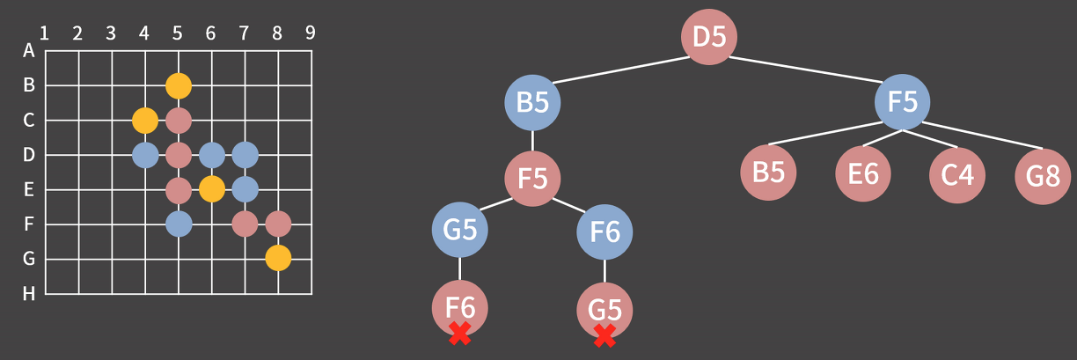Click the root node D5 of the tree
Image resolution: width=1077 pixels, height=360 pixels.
[x=709, y=38]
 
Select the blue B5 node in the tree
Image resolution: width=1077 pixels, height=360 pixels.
[x=532, y=102]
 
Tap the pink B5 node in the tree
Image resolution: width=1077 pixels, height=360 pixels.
[x=768, y=173]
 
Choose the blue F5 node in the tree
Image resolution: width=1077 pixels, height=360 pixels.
[x=903, y=102]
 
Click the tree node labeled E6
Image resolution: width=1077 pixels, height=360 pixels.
[x=863, y=174]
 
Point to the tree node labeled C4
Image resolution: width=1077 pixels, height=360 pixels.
[x=957, y=174]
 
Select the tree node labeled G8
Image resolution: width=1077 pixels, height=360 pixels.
[x=1043, y=176]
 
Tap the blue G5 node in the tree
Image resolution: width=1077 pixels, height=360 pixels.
[x=460, y=231]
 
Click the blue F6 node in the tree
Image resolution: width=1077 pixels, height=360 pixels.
[x=604, y=232]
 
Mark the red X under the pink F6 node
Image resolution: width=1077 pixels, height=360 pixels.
[x=459, y=333]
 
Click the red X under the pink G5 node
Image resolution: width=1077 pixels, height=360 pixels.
[x=604, y=334]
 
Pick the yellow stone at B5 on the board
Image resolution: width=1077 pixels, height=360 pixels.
[x=179, y=86]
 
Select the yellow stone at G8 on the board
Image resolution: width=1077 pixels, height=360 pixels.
[x=278, y=259]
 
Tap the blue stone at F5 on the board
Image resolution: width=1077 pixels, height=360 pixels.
[x=179, y=224]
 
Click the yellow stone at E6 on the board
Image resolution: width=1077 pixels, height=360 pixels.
[x=211, y=189]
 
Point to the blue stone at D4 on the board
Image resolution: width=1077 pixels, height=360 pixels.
[x=145, y=155]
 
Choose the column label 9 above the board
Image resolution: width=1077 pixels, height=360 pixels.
[x=311, y=33]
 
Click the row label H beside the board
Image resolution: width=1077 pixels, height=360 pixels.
[x=29, y=294]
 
